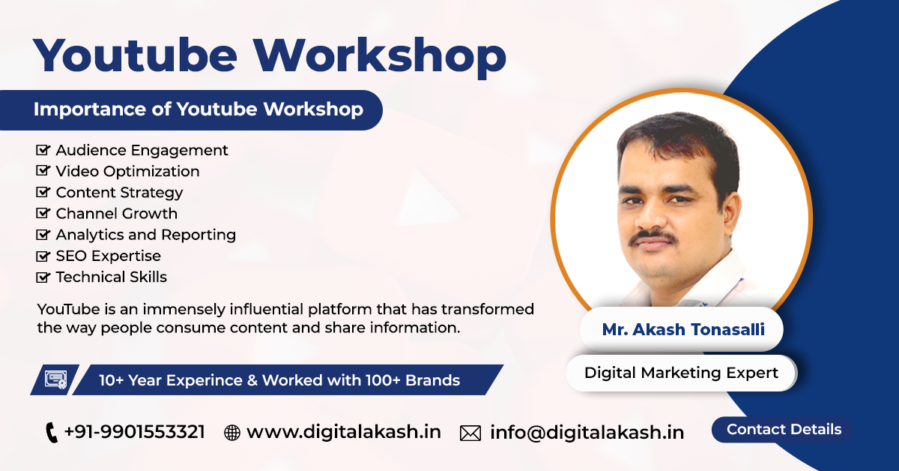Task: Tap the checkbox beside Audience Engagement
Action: pyautogui.click(x=43, y=150)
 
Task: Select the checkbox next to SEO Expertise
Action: pyautogui.click(x=43, y=256)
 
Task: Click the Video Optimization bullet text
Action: pyautogui.click(x=127, y=172)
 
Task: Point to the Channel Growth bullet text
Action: pyautogui.click(x=116, y=214)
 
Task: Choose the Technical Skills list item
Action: pyautogui.click(x=111, y=277)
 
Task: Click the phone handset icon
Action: pyautogui.click(x=52, y=433)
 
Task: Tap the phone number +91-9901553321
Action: pyautogui.click(x=134, y=432)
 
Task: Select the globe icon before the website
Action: pyautogui.click(x=232, y=433)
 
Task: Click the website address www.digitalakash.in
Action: pyautogui.click(x=344, y=431)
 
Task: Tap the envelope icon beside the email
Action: pyautogui.click(x=470, y=433)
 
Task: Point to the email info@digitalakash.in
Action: pyautogui.click(x=587, y=433)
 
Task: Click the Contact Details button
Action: pyautogui.click(x=784, y=429)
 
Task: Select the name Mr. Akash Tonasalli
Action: pyautogui.click(x=683, y=329)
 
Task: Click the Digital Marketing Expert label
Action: pyautogui.click(x=681, y=373)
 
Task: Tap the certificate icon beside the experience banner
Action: pyautogui.click(x=55, y=379)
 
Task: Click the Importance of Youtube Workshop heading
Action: pyautogui.click(x=199, y=109)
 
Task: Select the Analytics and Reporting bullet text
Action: pyautogui.click(x=145, y=235)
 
